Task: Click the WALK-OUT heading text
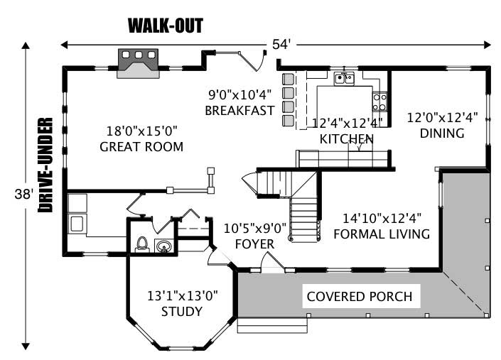click(x=166, y=26)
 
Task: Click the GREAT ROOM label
click(x=141, y=148)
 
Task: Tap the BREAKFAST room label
click(x=239, y=111)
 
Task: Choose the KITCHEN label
click(x=346, y=138)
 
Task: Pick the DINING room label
click(x=441, y=133)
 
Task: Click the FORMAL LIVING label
click(x=382, y=234)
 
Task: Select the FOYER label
click(x=254, y=244)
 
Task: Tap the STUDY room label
click(x=182, y=312)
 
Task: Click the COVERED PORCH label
click(x=359, y=296)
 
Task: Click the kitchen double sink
click(x=345, y=78)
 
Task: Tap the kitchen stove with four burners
click(x=380, y=102)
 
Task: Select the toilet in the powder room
click(x=142, y=244)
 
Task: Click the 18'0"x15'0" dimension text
click(x=141, y=131)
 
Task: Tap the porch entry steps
click(x=272, y=326)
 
